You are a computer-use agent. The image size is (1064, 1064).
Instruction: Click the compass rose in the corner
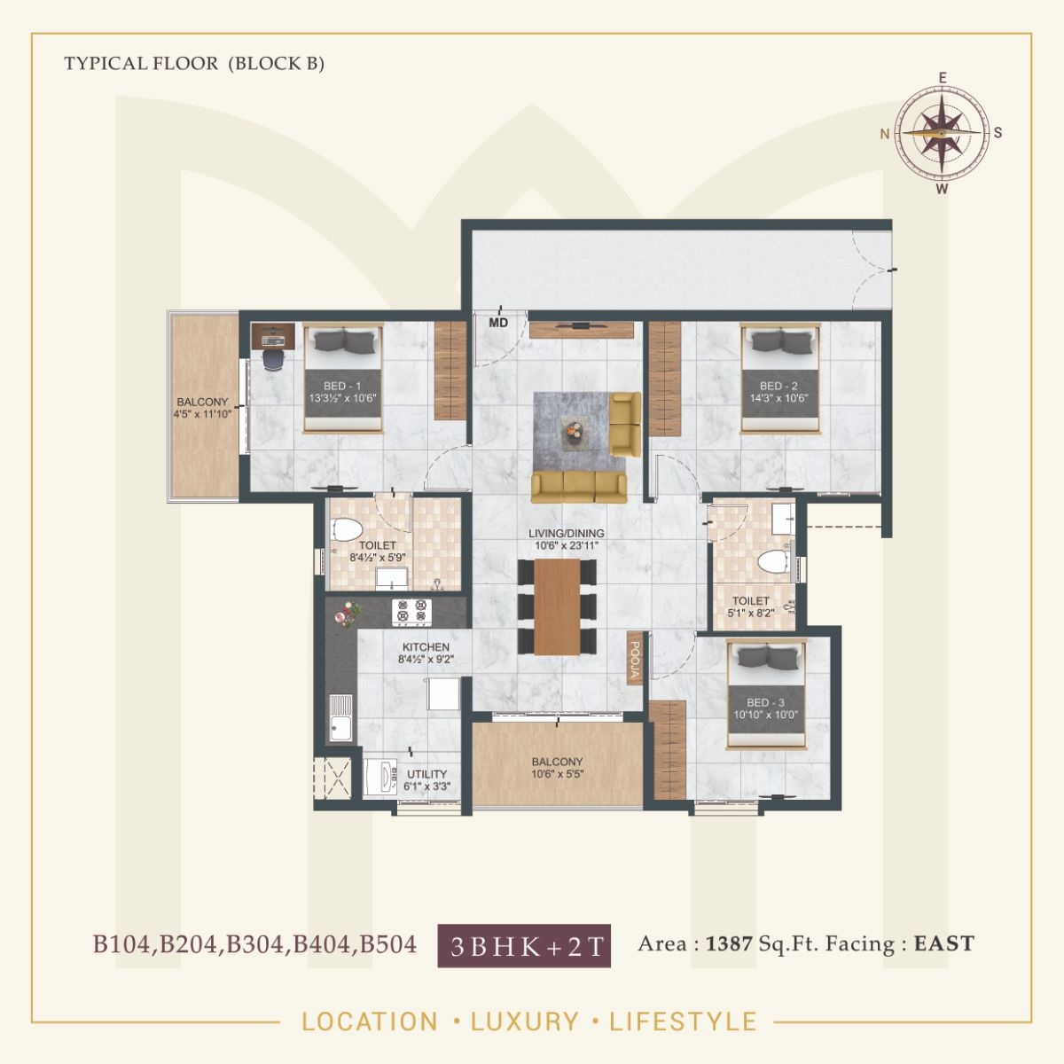(942, 133)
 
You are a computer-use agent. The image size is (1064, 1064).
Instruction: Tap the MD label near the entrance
(498, 323)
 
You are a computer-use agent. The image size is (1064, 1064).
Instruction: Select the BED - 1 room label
(342, 386)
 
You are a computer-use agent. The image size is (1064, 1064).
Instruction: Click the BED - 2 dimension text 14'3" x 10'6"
(779, 399)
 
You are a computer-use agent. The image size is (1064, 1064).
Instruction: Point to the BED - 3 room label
(766, 702)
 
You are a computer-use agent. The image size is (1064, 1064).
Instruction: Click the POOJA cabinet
(635, 658)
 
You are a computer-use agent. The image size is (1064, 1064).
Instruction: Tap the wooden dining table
(558, 606)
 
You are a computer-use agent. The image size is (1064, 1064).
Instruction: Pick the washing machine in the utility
(382, 778)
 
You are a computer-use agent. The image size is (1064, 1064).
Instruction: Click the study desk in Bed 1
(274, 335)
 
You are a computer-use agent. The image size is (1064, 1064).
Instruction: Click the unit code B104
(123, 944)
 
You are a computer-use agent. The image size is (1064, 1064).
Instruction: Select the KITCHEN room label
(426, 647)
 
